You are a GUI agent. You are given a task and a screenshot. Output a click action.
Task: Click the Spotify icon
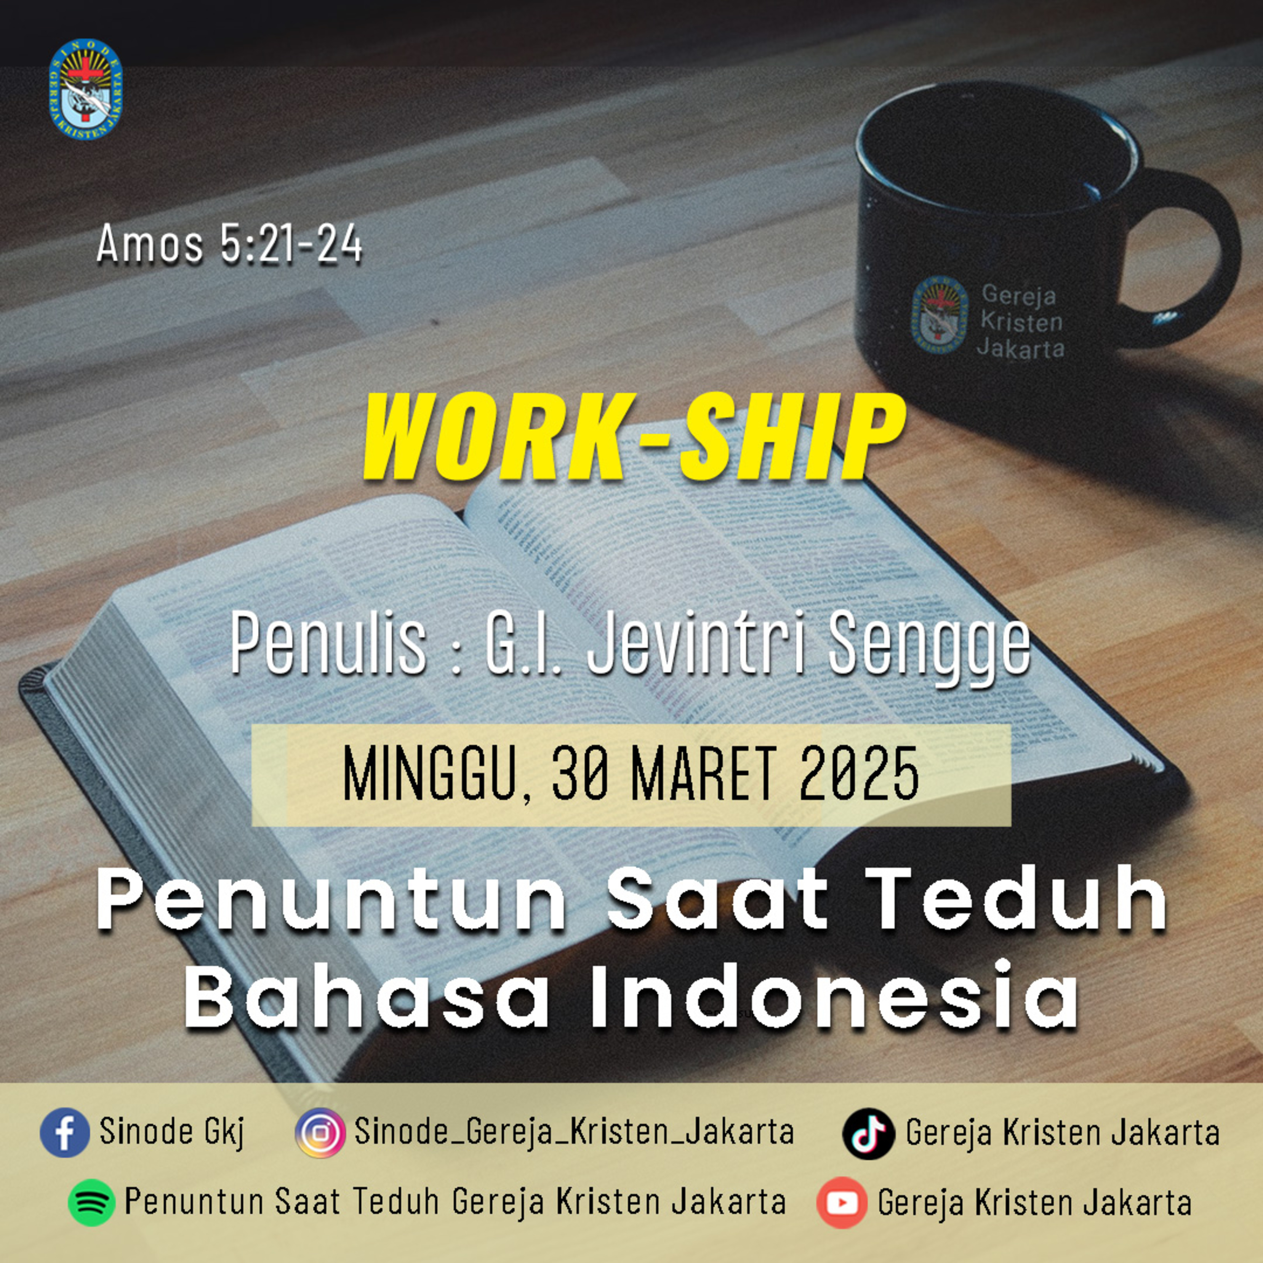[x=91, y=1202]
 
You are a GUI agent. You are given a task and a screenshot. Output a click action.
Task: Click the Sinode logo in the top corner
[x=85, y=90]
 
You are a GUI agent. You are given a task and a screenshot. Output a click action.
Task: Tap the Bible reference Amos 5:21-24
[x=229, y=244]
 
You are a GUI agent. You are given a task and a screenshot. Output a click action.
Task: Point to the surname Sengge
[x=928, y=646]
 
